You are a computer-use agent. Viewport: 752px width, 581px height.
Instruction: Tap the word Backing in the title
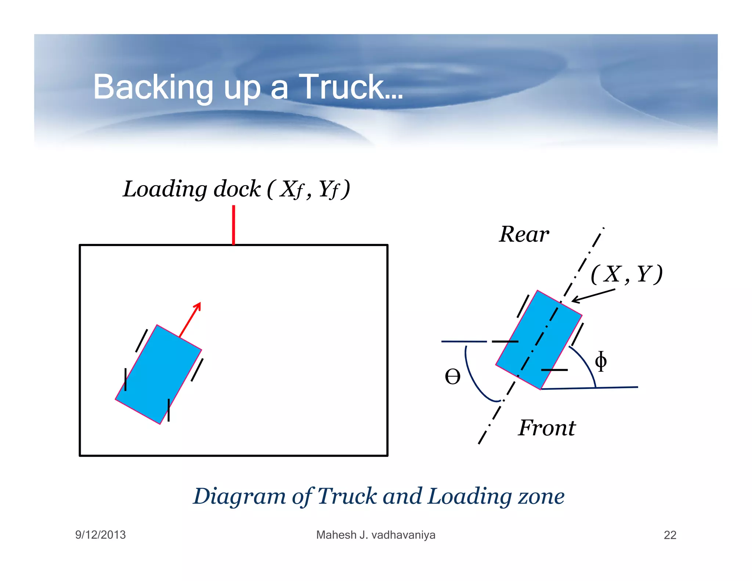point(153,87)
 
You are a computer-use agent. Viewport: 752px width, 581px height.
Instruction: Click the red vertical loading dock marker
point(234,224)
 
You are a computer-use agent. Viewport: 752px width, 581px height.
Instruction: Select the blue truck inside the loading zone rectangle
point(158,374)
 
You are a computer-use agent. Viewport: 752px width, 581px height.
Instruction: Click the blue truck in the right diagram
point(539,339)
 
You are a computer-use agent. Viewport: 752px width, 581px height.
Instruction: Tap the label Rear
point(524,234)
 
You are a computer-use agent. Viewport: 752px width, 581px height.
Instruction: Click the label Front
point(547,428)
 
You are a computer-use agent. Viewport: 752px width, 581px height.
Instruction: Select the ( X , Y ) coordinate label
point(626,274)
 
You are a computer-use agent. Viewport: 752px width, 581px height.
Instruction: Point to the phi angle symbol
point(601,361)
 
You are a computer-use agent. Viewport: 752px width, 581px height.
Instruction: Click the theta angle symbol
point(452,377)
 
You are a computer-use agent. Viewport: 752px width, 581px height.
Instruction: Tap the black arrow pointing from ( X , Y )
point(593,296)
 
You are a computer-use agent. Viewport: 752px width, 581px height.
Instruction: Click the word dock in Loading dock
point(237,189)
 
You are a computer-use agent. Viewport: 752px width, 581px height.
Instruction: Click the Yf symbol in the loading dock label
point(328,190)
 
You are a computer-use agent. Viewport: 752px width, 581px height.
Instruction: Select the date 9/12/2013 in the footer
point(100,535)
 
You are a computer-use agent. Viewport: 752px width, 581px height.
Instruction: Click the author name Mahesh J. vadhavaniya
point(376,535)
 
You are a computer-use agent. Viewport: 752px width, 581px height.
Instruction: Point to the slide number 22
point(670,535)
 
